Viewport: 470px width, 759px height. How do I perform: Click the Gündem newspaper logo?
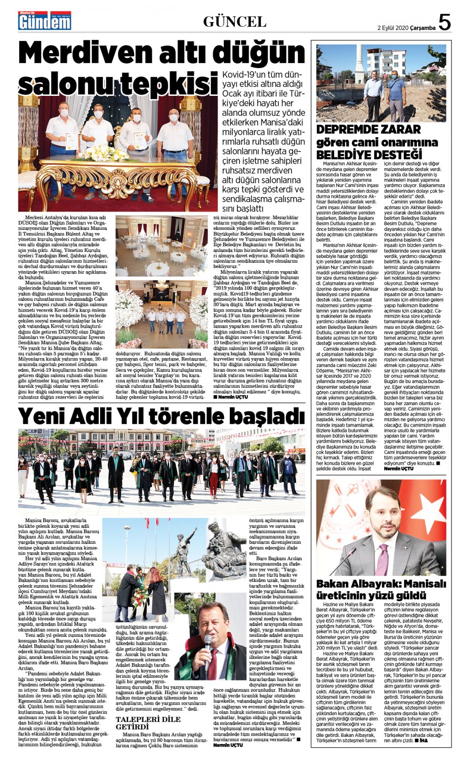click(x=45, y=20)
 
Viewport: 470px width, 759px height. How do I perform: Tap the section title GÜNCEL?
click(x=235, y=22)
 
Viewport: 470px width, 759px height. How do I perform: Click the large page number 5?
click(x=444, y=22)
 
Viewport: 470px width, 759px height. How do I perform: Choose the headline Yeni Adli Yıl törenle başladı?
click(x=161, y=416)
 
